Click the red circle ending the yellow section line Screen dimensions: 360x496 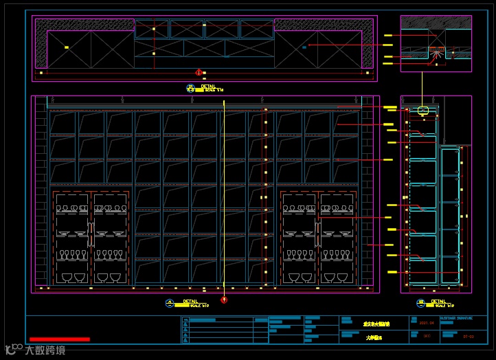pyautogui.click(x=223, y=300)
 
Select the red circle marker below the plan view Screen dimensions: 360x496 pyautogui.click(x=199, y=72)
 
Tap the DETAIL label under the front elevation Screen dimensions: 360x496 pyautogui.click(x=190, y=301)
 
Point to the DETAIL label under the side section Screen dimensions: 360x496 pyautogui.click(x=439, y=300)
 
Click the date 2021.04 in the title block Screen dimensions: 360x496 pyautogui.click(x=426, y=322)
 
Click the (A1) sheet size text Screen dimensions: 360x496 pyautogui.click(x=427, y=336)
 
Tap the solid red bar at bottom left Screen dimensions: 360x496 pyautogui.click(x=59, y=339)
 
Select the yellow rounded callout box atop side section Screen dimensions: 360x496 pyautogui.click(x=423, y=110)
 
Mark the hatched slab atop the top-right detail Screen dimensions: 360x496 pyautogui.click(x=436, y=22)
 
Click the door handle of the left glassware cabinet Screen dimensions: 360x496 pyautogui.click(x=91, y=228)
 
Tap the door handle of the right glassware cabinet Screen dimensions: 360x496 pyautogui.click(x=318, y=228)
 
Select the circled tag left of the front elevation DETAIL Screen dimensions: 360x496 pyautogui.click(x=170, y=303)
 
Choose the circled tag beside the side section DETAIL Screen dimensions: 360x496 pyautogui.click(x=420, y=303)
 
